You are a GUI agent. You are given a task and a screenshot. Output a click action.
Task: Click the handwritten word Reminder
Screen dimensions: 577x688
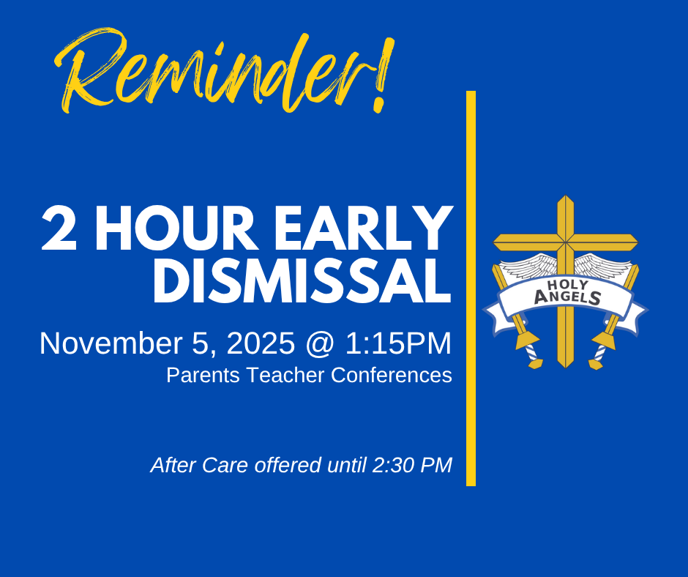click(212, 70)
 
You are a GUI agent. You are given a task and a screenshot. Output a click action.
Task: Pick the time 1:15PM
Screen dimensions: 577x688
click(396, 343)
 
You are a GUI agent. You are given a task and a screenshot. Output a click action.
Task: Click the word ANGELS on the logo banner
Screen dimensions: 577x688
click(568, 297)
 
